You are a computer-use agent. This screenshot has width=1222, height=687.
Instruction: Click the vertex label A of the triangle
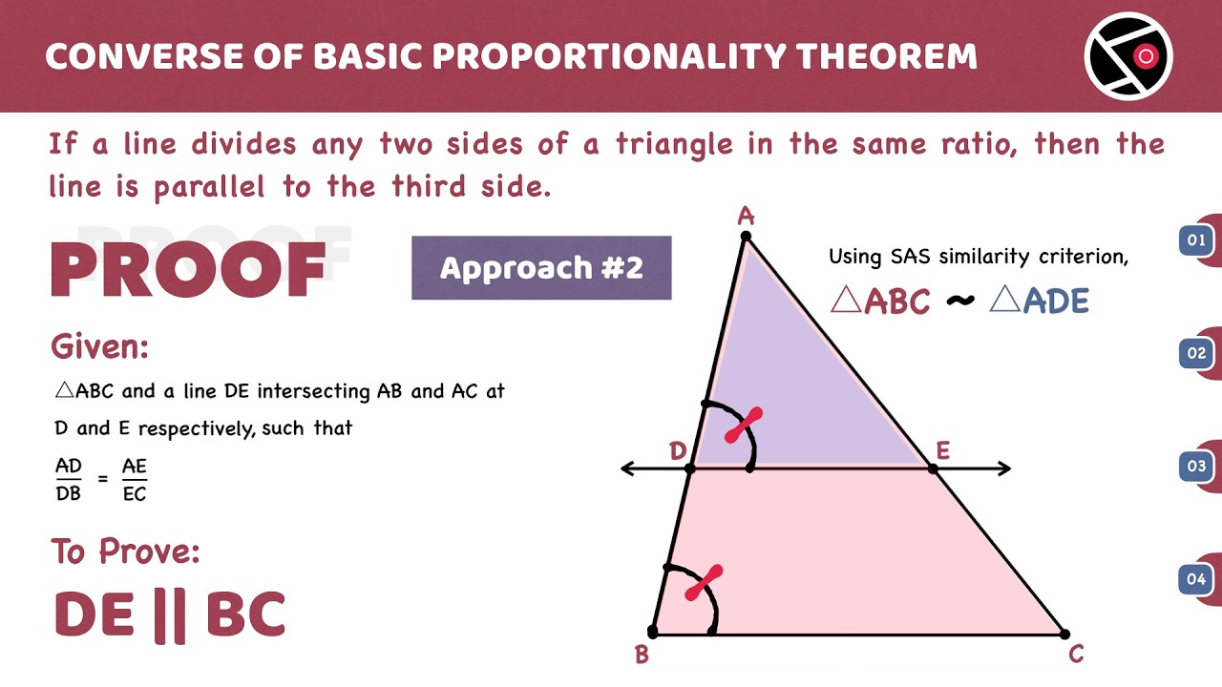746,217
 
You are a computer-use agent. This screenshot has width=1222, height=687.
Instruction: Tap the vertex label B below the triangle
643,655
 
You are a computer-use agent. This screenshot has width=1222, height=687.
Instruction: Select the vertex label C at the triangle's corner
1076,654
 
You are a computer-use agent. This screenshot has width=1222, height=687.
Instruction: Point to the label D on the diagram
678,451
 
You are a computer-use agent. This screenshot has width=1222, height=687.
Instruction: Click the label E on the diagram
942,451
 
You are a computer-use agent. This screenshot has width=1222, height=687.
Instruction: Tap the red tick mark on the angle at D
744,425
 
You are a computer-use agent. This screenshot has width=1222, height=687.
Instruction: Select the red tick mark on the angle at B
704,582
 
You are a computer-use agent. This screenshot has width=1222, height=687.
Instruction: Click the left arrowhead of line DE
627,468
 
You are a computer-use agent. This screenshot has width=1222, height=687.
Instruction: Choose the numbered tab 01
1196,239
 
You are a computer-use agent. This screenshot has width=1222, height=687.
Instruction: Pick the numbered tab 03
1196,467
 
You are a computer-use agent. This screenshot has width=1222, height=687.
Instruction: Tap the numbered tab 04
1196,578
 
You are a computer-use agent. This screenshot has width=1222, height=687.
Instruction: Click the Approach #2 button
541,268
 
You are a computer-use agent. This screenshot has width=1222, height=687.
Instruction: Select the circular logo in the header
1128,56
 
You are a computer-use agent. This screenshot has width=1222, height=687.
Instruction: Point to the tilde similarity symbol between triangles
960,300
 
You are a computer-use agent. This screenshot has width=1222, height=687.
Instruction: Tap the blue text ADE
1056,301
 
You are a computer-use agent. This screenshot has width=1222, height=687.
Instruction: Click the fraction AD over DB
68,479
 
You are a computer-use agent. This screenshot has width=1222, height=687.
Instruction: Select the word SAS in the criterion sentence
910,257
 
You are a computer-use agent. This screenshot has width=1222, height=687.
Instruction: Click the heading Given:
99,346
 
